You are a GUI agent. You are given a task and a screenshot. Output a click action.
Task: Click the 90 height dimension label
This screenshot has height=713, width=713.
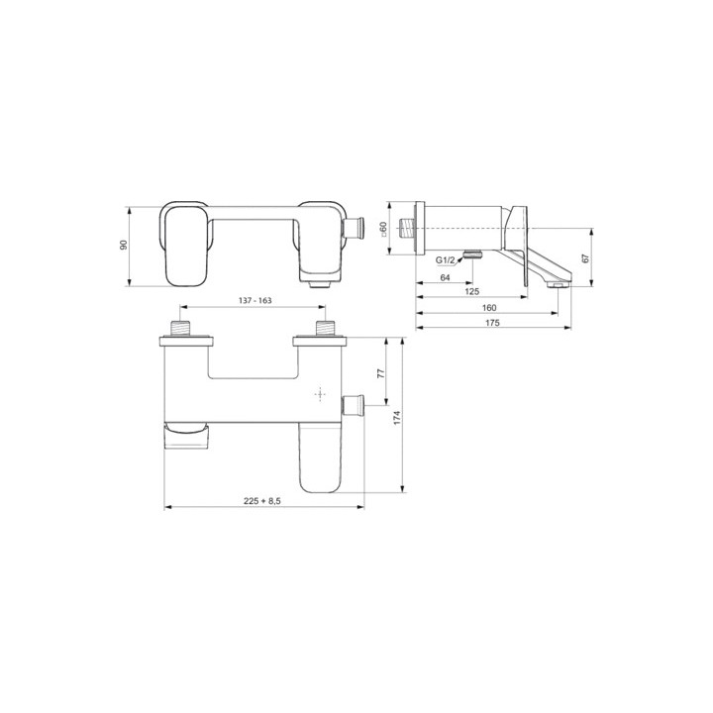[125, 245]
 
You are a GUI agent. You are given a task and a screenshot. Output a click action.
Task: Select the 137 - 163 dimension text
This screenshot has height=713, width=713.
[250, 301]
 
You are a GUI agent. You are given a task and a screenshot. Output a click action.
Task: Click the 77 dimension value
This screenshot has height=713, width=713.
[379, 374]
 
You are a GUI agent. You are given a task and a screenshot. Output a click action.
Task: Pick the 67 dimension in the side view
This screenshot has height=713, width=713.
[586, 257]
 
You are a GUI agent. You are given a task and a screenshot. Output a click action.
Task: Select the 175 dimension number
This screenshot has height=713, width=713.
[490, 323]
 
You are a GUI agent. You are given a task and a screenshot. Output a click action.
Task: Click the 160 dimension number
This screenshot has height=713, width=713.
[490, 308]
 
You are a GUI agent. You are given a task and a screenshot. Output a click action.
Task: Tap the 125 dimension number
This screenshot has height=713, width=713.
[472, 292]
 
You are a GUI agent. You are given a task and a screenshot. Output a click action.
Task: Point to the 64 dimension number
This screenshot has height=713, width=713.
[445, 278]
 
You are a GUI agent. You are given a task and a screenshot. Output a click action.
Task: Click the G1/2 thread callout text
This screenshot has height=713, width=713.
[446, 260]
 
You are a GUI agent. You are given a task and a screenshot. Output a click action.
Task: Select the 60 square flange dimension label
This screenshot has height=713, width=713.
[384, 228]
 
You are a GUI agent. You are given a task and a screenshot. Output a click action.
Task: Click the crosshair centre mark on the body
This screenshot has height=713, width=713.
[320, 394]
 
